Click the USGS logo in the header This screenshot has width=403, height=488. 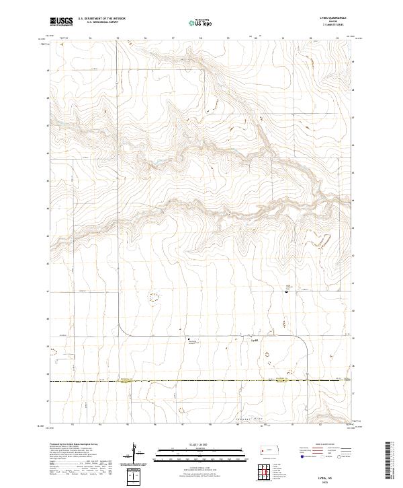tap(60, 22)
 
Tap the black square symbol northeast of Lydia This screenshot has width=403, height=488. tap(287, 291)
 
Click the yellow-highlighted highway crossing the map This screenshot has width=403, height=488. tap(201, 382)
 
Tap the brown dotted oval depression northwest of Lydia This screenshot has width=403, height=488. tap(154, 296)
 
